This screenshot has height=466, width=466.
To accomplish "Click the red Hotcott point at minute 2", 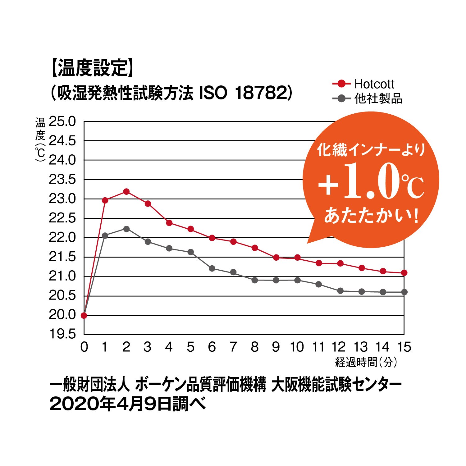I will [x=126, y=191].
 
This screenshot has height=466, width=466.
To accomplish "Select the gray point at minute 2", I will [x=126, y=229].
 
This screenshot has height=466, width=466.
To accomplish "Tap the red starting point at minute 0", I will [x=84, y=315].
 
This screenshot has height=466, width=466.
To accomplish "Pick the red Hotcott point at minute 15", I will [x=404, y=273].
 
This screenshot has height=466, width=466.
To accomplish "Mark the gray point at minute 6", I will [x=212, y=268].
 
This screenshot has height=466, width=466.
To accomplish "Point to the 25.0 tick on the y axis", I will [x=62, y=121].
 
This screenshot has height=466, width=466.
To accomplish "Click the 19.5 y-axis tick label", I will [x=62, y=334].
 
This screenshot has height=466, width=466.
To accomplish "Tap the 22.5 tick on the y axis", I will [x=62, y=218].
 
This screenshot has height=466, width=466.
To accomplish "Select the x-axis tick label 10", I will [x=297, y=347].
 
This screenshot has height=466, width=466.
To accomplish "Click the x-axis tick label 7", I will [x=233, y=347].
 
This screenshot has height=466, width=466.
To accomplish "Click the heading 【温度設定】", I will [x=92, y=68].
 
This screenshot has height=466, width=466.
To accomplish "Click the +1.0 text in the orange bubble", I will [x=357, y=183].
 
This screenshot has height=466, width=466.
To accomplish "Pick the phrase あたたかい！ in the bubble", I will [x=371, y=215].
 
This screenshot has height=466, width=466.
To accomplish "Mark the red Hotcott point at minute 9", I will [x=276, y=258].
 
